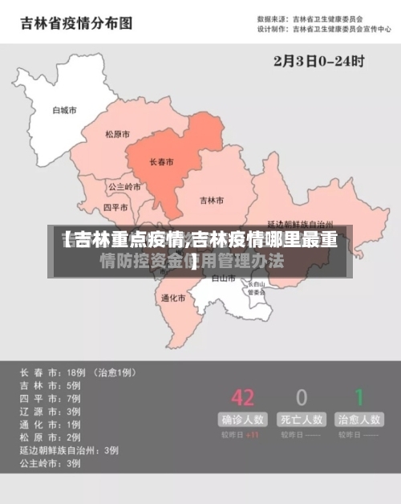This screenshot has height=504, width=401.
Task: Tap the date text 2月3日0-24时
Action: pos(318,59)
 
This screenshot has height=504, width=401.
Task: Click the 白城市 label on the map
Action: pos(63,110)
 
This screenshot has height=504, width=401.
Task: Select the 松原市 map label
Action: pos(118,135)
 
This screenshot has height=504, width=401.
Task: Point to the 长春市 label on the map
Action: pos(162,162)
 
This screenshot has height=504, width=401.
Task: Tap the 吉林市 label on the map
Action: pos(212,200)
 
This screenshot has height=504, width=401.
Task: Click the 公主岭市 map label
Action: pos(124,187)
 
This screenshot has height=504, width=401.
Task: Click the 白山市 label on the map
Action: pos(223,278)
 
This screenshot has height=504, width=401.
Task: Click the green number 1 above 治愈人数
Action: pos(359,397)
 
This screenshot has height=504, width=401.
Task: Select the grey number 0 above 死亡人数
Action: pos(302,397)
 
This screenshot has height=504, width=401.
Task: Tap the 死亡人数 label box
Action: pos(301,419)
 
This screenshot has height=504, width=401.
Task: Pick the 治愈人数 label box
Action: pos(359,419)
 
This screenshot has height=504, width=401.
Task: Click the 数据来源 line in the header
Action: pos(310,18)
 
